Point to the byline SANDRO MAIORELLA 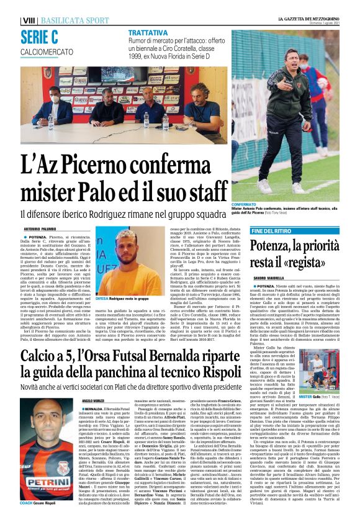tap(268, 277)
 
